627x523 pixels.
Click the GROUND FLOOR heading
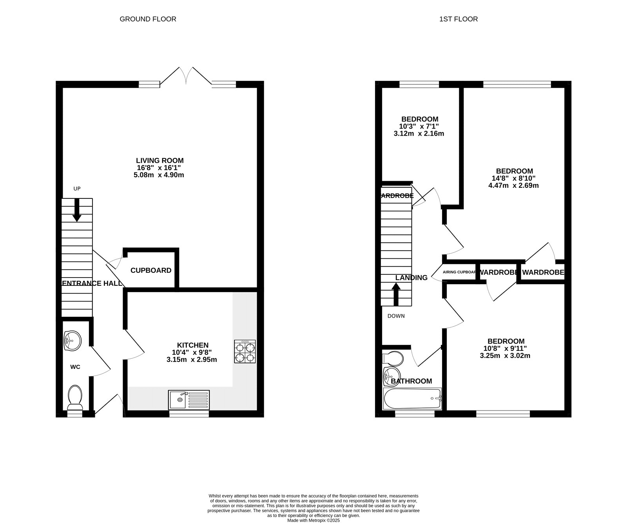148,19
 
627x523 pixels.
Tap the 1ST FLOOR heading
458,19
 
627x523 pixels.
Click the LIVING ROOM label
159,160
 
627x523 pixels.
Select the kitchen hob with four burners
245,352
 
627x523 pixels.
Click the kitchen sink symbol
189,400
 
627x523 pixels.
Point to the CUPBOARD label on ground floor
151,271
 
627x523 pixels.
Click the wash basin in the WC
72,340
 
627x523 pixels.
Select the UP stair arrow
77,210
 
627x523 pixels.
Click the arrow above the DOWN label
396,295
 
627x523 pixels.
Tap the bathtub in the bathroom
412,399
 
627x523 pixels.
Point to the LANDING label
411,278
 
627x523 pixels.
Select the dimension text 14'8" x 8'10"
514,178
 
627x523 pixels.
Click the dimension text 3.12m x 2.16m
419,134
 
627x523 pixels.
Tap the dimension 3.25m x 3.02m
505,356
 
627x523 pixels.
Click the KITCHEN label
193,345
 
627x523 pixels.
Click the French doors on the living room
186,76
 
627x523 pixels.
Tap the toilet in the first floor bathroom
393,358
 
